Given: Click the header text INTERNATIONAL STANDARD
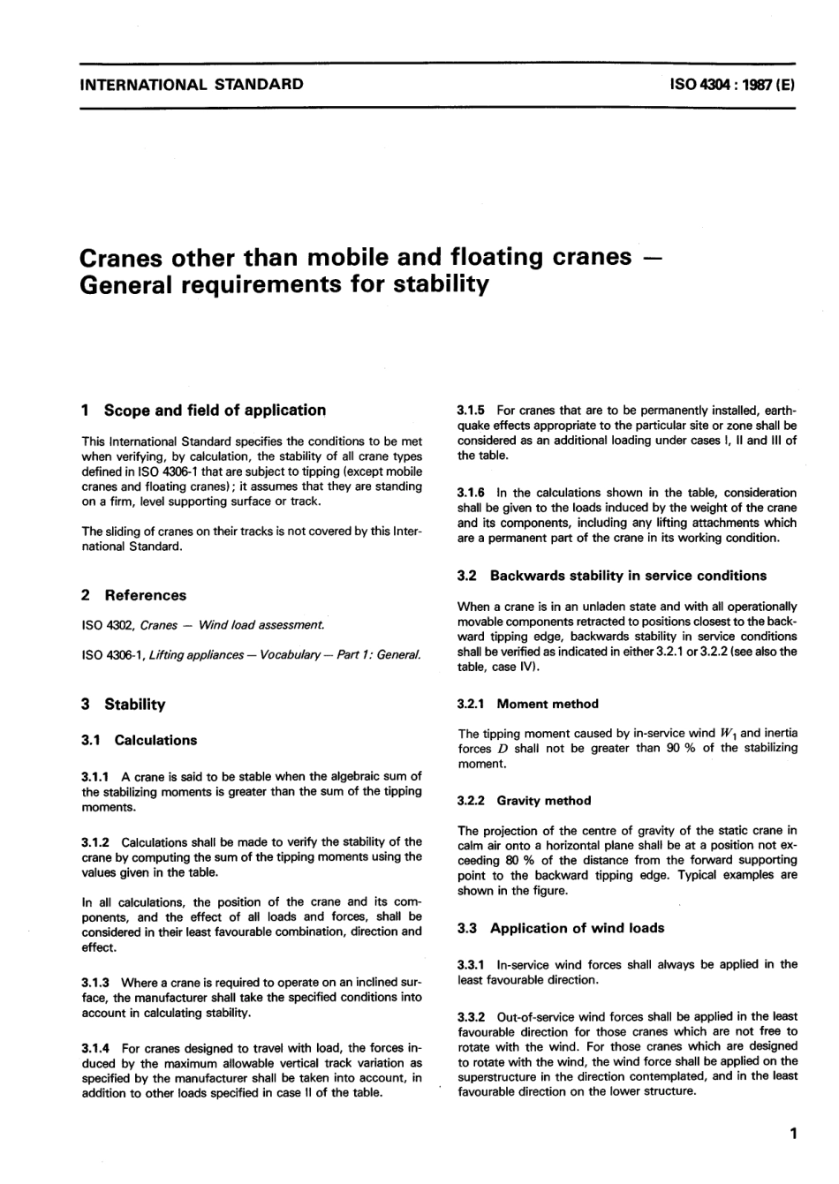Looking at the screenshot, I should click(192, 85).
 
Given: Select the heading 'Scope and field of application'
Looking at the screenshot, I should click(215, 411).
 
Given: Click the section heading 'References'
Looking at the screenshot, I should click(145, 595).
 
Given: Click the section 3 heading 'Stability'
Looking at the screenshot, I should click(134, 705).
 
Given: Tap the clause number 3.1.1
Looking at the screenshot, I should click(95, 777).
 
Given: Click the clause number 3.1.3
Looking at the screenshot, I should click(95, 983).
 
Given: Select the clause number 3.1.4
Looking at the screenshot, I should click(95, 1048).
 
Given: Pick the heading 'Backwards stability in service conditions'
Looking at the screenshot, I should click(628, 576).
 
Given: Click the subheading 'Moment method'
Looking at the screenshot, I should click(548, 705).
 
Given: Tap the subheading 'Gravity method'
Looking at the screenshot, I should click(544, 801).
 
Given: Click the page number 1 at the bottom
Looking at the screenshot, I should click(795, 1134).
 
